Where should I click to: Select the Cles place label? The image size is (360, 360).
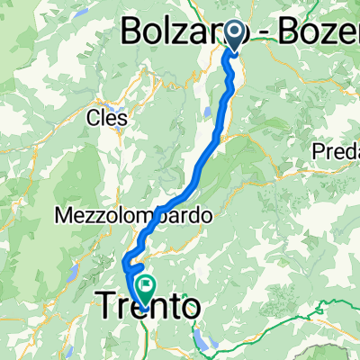tap(105, 117)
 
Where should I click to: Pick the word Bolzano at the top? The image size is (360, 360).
tap(170, 33)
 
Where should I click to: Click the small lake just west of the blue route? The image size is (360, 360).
tap(209, 112)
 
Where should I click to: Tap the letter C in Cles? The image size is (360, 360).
tap(93, 117)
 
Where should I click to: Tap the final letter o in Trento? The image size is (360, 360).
tap(188, 309)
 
